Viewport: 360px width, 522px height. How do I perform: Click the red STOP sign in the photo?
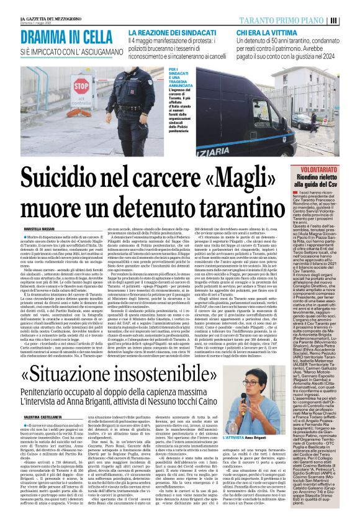(99, 85)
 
